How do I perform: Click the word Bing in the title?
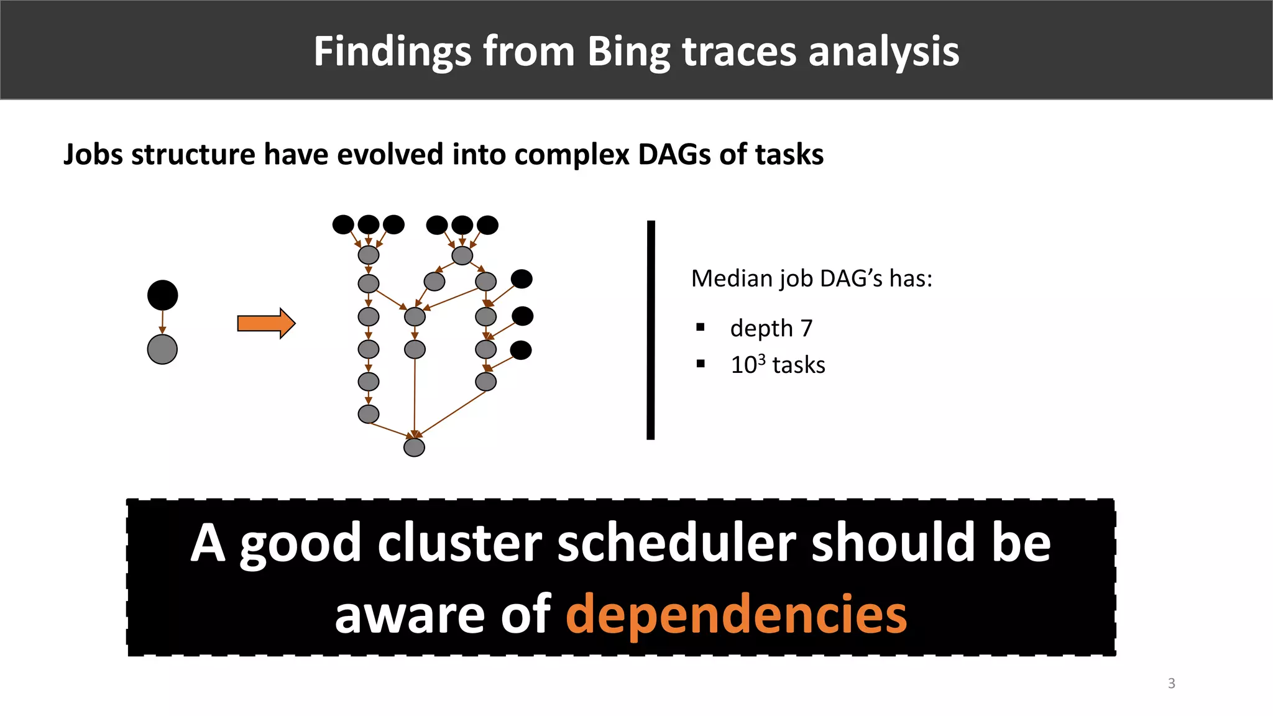point(628,52)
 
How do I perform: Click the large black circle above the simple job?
point(162,295)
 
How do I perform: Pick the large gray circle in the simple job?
point(162,349)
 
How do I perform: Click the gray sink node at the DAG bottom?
point(414,447)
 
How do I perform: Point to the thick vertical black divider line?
point(651,329)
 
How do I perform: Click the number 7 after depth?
point(806,328)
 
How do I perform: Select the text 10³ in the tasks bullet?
point(748,365)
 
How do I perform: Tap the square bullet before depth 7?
point(701,328)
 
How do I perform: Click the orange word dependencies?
point(736,614)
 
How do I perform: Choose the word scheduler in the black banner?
point(676,543)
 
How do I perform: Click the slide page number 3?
point(1171,684)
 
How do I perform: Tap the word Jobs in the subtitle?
point(90,154)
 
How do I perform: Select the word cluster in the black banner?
point(459,543)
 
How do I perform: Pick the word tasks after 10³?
point(799,365)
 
